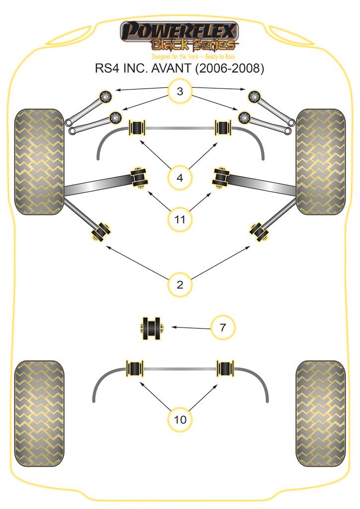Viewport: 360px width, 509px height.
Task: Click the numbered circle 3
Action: pos(180,91)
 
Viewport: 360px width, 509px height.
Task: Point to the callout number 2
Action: pos(180,285)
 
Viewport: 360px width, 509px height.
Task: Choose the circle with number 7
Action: pos(223,328)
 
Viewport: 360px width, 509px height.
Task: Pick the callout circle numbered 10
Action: pos(180,419)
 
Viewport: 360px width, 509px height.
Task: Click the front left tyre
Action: pos(39,162)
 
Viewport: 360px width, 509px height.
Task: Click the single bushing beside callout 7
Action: pos(152,329)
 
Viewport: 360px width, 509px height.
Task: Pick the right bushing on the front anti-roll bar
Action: pos(222,129)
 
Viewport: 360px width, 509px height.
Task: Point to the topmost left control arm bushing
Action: pos(106,96)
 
